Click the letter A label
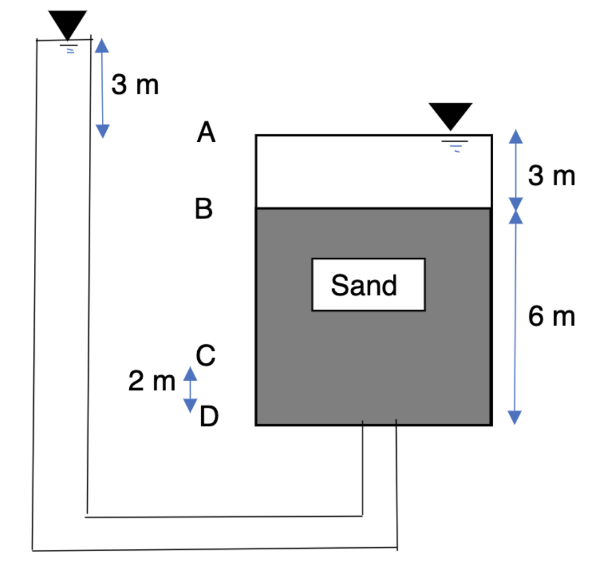pyautogui.click(x=206, y=132)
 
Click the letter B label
pyautogui.click(x=204, y=208)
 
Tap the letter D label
pyautogui.click(x=208, y=418)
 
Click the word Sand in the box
pyautogui.click(x=364, y=285)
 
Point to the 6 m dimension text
pyautogui.click(x=551, y=317)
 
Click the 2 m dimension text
pyautogui.click(x=151, y=382)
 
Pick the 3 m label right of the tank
pyautogui.click(x=551, y=176)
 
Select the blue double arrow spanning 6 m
pyautogui.click(x=515, y=316)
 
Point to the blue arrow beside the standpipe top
pyautogui.click(x=102, y=88)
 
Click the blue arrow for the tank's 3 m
pyautogui.click(x=514, y=170)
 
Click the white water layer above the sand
pyautogui.click(x=351, y=173)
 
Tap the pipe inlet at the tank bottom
pyautogui.click(x=380, y=423)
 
